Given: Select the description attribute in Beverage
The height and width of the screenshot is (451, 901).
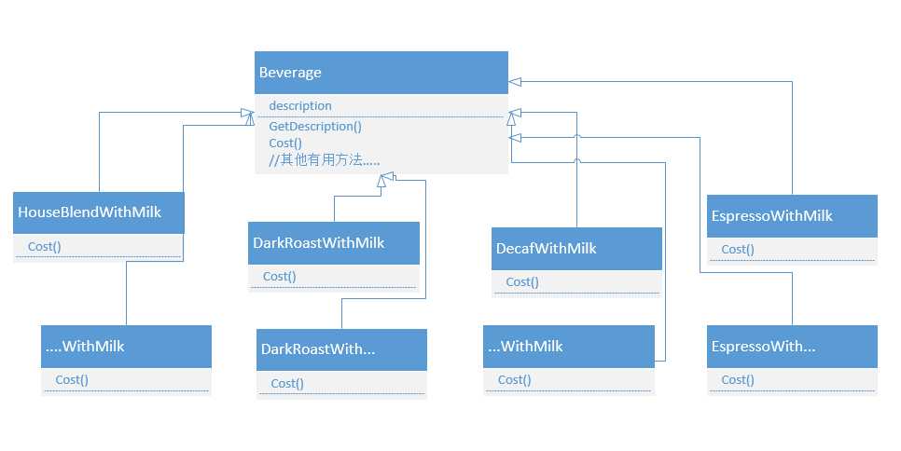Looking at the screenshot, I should tap(299, 106).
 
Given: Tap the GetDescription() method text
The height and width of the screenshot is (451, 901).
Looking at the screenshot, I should tap(315, 126).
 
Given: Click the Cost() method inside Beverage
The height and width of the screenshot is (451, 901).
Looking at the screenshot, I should tap(285, 143).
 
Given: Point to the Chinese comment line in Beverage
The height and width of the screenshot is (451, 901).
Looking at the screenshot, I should tap(324, 159).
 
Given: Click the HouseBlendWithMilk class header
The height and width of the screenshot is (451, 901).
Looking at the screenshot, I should tap(90, 212).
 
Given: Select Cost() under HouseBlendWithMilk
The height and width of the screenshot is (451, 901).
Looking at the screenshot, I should tap(47, 247).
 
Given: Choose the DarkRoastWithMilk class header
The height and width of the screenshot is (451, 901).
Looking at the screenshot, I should tap(318, 243).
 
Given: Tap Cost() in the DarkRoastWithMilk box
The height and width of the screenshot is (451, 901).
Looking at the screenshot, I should tap(279, 277).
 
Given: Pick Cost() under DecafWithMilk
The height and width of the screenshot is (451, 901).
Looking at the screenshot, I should tap(522, 282).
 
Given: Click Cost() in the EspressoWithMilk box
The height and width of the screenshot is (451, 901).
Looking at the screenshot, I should tap(738, 250).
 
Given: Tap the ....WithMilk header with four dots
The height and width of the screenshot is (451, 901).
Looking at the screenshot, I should tap(85, 347).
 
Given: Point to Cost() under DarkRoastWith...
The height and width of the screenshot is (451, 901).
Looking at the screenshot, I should tap(287, 384).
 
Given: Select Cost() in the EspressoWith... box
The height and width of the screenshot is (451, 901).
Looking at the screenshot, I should tap(738, 380).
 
